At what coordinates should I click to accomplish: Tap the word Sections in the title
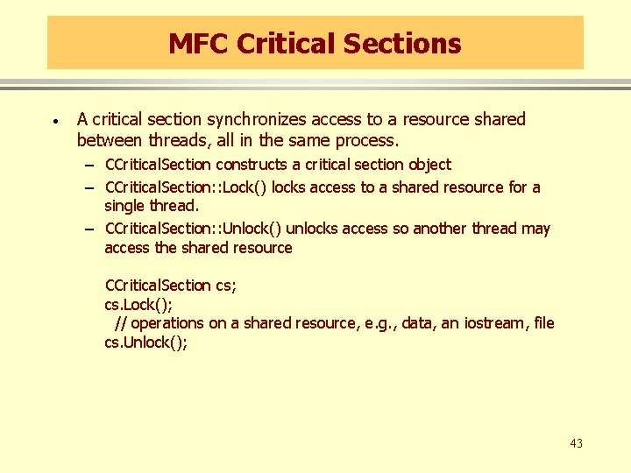tap(407, 43)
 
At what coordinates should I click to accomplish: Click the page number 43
tap(576, 443)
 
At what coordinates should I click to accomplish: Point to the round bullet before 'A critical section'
tap(54, 120)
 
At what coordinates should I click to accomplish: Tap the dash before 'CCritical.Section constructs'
tap(90, 166)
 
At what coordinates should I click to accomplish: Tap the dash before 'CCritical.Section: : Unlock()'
tap(90, 229)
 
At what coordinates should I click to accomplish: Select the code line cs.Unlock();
tap(145, 342)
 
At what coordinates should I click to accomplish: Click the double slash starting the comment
tap(120, 323)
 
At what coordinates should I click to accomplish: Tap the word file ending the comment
tap(543, 323)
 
